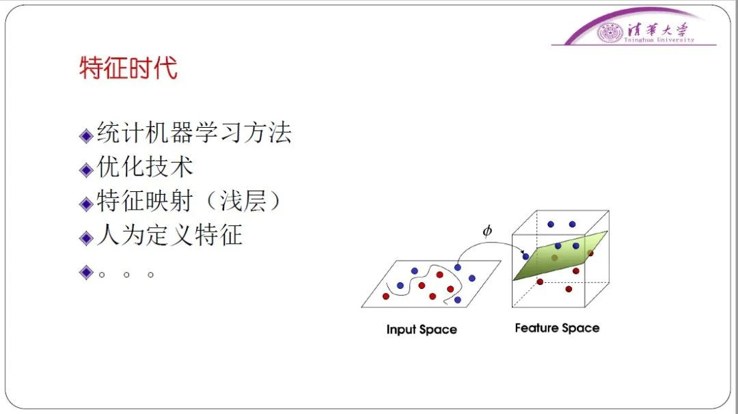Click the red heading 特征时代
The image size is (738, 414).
coord(128,68)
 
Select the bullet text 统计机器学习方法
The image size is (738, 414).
coord(194,133)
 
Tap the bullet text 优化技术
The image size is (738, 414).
coord(145,167)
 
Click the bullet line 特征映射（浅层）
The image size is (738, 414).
coord(189,201)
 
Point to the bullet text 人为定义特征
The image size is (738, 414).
coord(169,235)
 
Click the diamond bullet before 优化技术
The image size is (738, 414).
coord(86,170)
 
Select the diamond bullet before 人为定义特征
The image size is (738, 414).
coord(86,238)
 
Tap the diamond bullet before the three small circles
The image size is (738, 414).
coord(86,273)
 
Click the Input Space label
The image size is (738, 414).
coord(422,329)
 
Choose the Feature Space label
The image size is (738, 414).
coord(558,328)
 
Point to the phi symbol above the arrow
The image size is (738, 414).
coord(487,230)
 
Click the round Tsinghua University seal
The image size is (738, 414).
coord(610,33)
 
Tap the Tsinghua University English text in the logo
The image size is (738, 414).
coord(659,40)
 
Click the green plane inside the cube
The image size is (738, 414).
coord(560,256)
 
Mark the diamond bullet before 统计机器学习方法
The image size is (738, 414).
coord(86,136)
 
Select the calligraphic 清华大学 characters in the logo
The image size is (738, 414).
coord(657,30)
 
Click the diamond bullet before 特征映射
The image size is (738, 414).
coord(86,204)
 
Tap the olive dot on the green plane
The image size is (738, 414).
coord(554,258)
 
